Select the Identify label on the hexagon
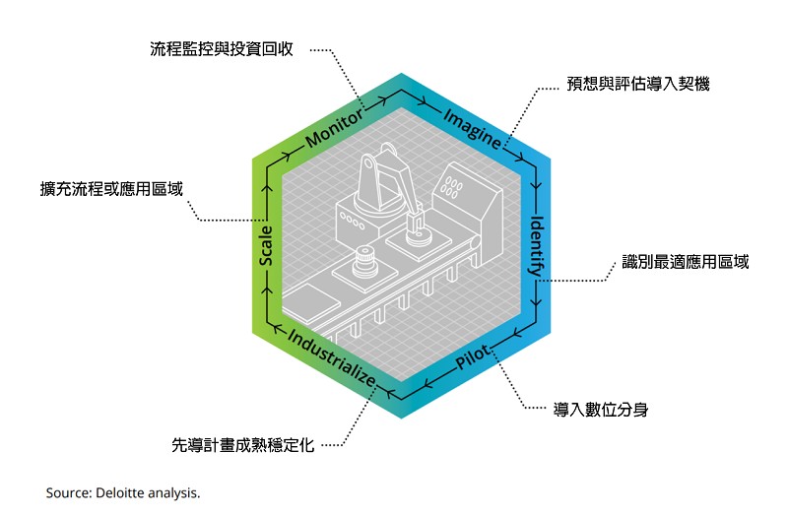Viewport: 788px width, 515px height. [x=539, y=245]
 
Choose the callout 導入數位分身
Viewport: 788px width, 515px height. [x=600, y=407]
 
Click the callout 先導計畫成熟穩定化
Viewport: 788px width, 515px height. [x=242, y=445]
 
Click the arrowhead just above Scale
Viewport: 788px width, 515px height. [x=266, y=190]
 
